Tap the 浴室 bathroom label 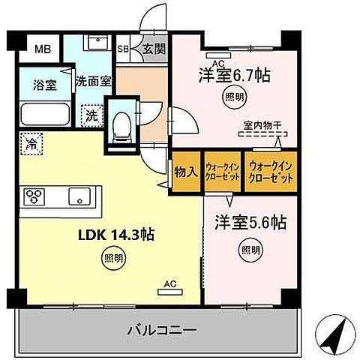click(x=44, y=85)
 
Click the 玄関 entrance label click(x=155, y=50)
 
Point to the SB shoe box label click(x=124, y=50)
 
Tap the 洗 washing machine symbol click(x=90, y=116)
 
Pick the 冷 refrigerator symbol click(x=32, y=140)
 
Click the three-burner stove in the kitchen click(x=35, y=196)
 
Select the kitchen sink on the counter click(x=79, y=196)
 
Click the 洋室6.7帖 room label click(x=234, y=75)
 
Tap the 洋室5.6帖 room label click(x=251, y=223)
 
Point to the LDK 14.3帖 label click(x=117, y=235)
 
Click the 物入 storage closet click(x=187, y=172)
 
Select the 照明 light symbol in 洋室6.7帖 click(x=233, y=96)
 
